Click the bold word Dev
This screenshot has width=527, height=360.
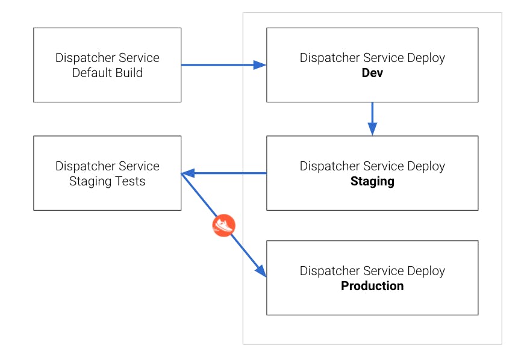(372, 73)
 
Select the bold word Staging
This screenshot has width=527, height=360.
(372, 181)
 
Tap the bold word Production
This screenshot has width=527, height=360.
(372, 286)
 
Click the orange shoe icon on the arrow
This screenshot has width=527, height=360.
(223, 226)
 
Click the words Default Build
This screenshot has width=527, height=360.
(107, 73)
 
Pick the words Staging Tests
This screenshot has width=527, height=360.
(107, 182)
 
